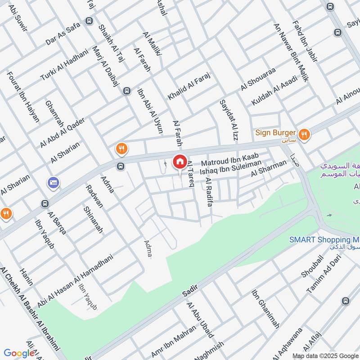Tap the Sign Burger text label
tap(275, 133)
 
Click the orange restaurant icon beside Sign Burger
tap(305, 134)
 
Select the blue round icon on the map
tap(53, 182)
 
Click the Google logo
tap(19, 353)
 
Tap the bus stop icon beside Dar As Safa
tap(89, 21)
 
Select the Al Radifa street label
tap(208, 192)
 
